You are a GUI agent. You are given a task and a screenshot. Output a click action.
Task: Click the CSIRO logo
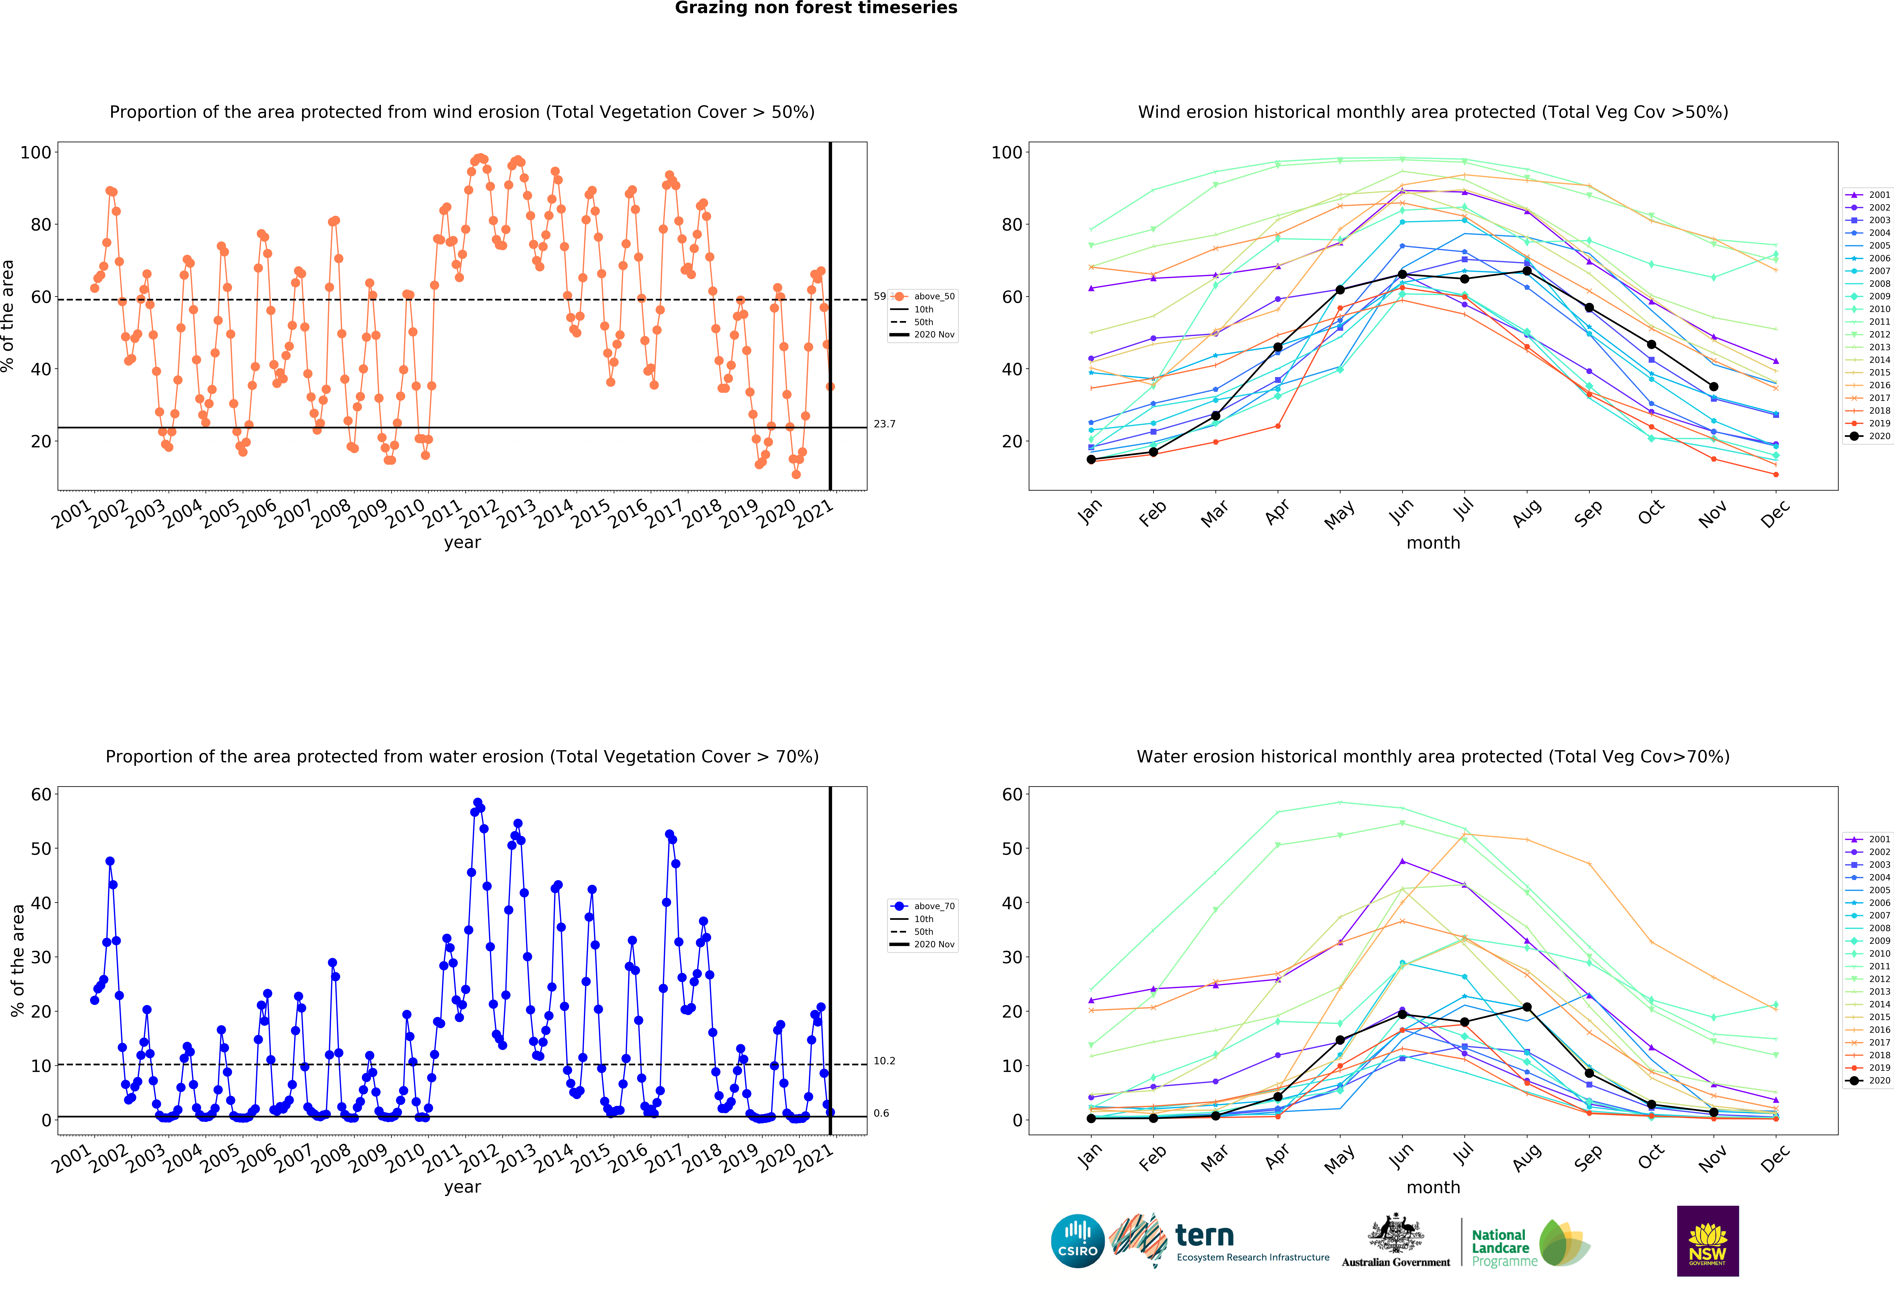(x=1077, y=1240)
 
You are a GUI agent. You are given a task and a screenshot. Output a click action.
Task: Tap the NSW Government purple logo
(x=1707, y=1240)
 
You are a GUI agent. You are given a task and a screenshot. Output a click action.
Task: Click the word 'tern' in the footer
(x=1205, y=1236)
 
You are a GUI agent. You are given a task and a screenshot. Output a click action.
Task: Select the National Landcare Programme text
(x=1504, y=1248)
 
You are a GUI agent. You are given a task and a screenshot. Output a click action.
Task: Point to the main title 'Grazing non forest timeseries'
(x=816, y=8)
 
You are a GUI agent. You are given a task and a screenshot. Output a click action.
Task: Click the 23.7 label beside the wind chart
(x=884, y=424)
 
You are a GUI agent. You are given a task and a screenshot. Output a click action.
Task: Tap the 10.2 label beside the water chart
(x=884, y=1060)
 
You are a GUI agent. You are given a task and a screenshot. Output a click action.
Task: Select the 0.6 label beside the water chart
(x=881, y=1113)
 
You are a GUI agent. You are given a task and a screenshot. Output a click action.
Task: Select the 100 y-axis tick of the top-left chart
(x=36, y=152)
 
